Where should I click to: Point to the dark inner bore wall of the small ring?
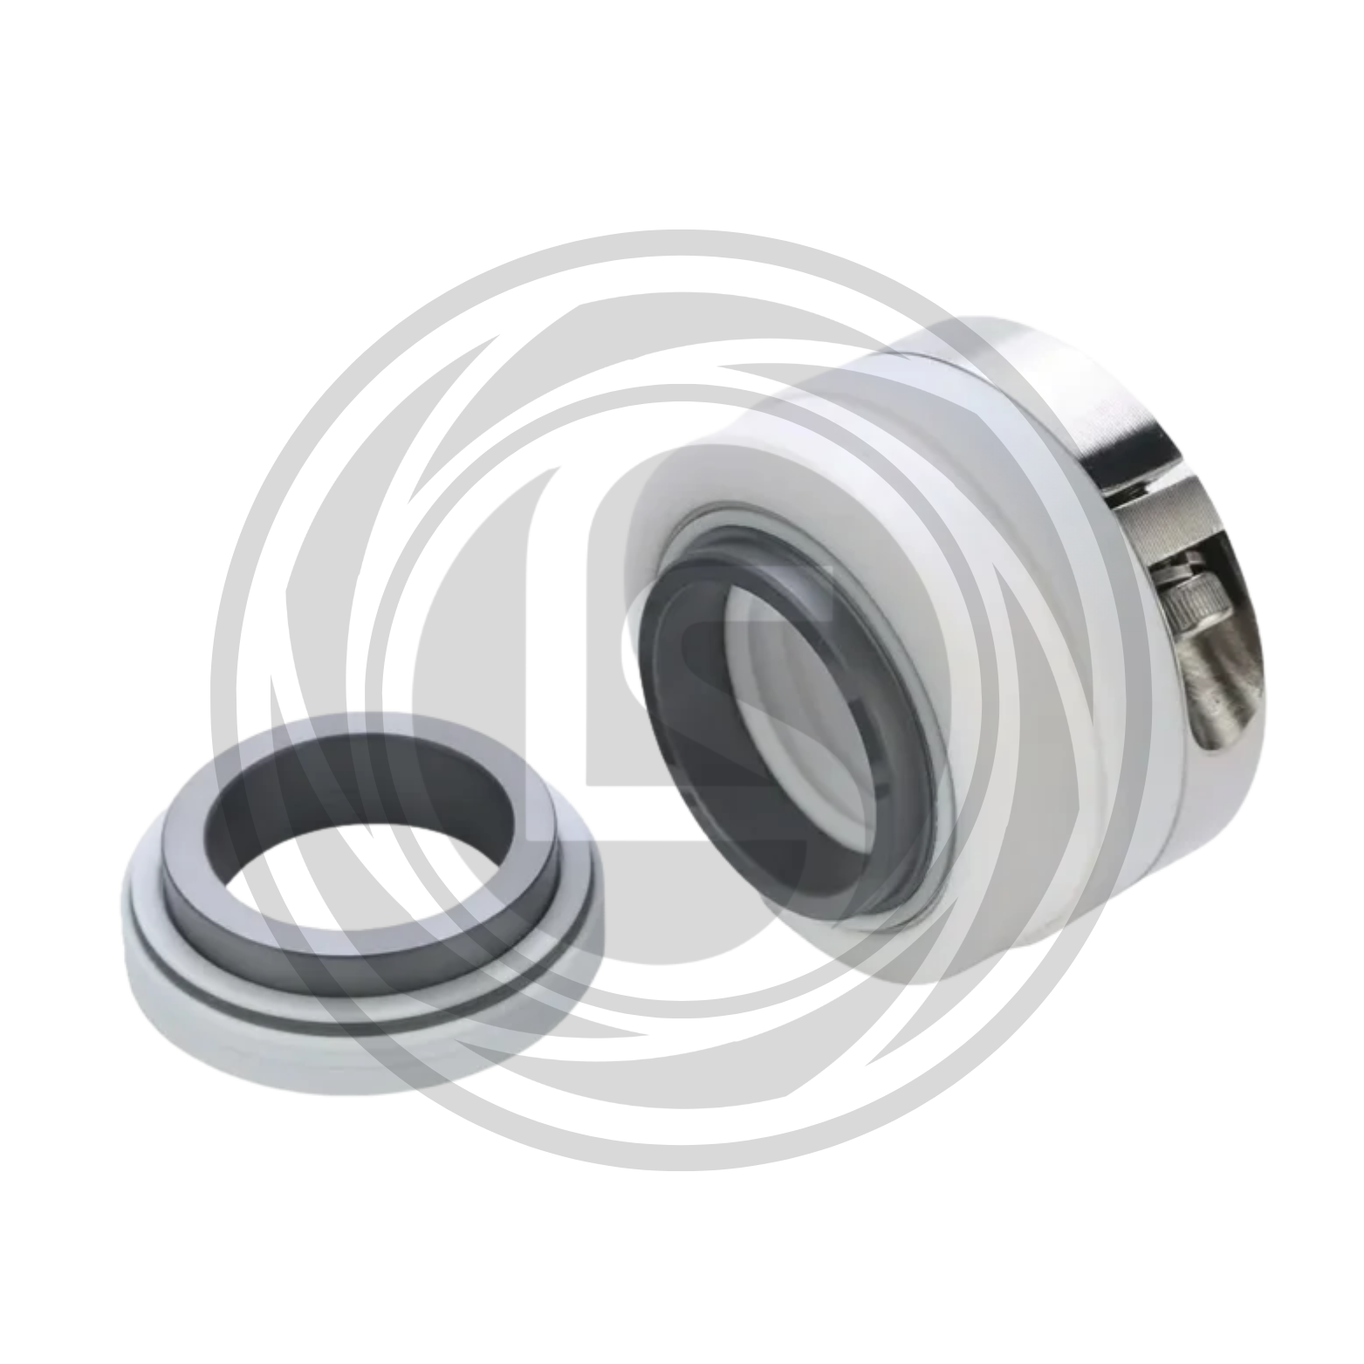[x=367, y=785]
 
